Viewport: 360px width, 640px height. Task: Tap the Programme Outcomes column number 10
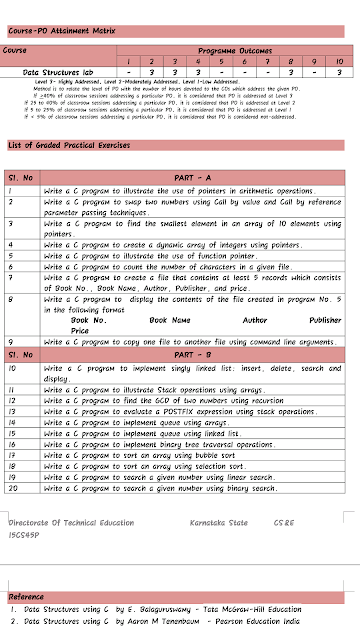point(339,61)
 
